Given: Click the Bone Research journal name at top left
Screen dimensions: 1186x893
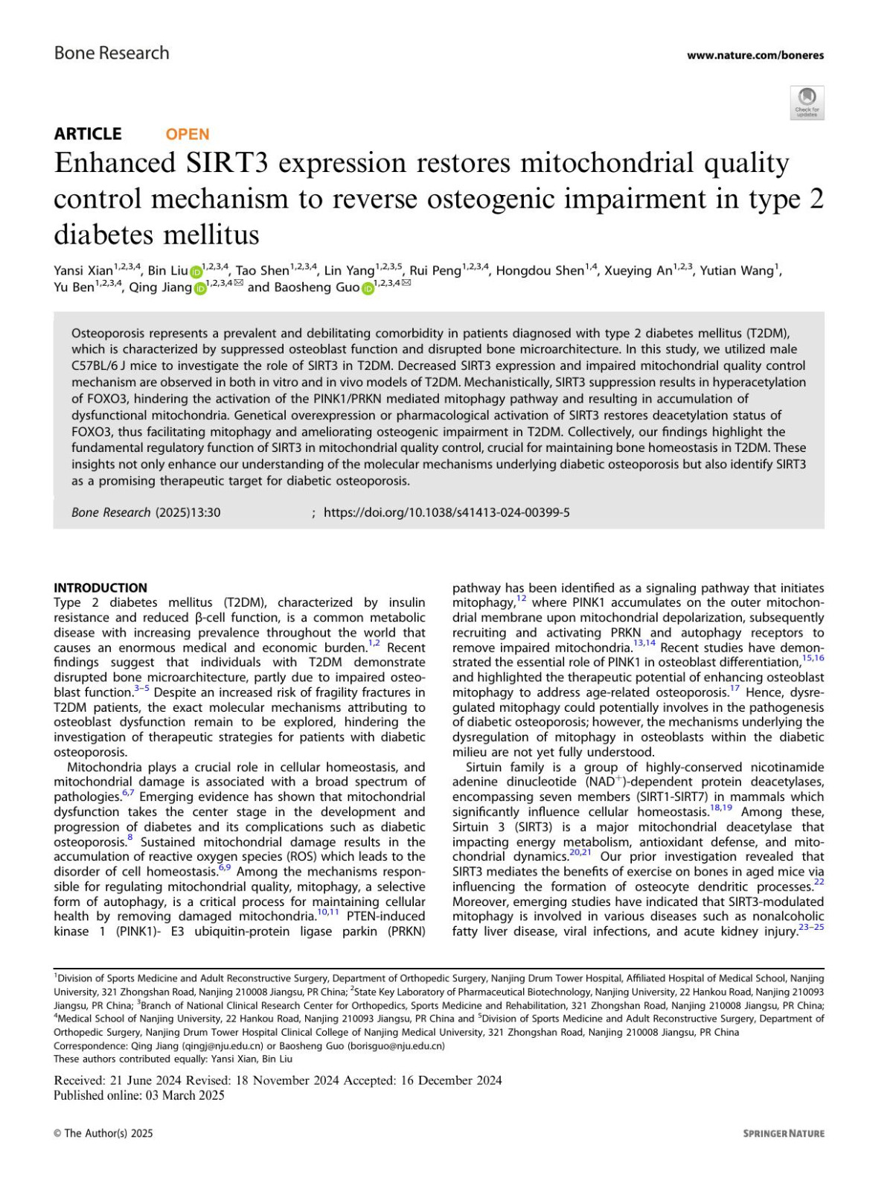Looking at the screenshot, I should click(x=112, y=54).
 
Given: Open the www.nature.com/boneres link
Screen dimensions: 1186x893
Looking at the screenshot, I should click(x=755, y=55).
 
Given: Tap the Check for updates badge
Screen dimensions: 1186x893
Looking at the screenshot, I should click(x=807, y=103).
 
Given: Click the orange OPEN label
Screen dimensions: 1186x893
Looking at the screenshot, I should click(x=188, y=134).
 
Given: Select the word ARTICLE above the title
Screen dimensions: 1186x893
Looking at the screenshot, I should click(x=88, y=134).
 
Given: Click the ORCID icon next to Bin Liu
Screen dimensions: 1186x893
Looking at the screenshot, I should click(x=196, y=272).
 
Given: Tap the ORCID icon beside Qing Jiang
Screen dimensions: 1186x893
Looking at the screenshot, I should click(x=200, y=289).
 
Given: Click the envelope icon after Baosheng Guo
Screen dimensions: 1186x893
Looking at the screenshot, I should click(x=406, y=284).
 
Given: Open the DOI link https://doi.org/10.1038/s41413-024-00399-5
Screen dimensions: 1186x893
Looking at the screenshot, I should click(x=446, y=512).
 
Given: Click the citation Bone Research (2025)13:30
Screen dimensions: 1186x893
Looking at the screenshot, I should click(x=146, y=512).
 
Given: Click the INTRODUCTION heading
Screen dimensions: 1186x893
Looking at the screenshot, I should click(x=100, y=587).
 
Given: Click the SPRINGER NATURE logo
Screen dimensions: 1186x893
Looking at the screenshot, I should click(x=784, y=1133).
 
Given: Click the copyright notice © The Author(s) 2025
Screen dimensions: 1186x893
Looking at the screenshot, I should click(x=103, y=1133).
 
